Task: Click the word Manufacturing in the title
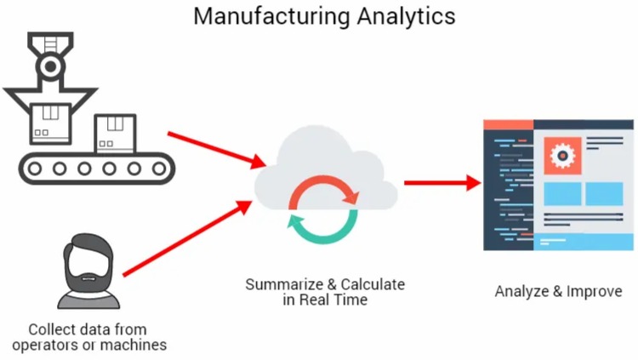(x=271, y=17)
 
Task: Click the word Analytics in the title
(x=407, y=17)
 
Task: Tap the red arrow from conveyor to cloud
(x=217, y=150)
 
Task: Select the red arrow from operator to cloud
(x=188, y=238)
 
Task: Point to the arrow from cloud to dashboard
(x=443, y=183)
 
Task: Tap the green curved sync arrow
(x=322, y=227)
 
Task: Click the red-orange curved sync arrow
(x=323, y=191)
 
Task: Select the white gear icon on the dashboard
(x=562, y=156)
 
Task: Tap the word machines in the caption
(x=133, y=345)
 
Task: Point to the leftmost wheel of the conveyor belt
(x=35, y=169)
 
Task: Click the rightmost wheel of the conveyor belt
(x=159, y=169)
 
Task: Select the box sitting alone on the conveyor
(x=115, y=134)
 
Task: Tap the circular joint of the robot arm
(x=50, y=66)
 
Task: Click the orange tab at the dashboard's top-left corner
(x=508, y=124)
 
